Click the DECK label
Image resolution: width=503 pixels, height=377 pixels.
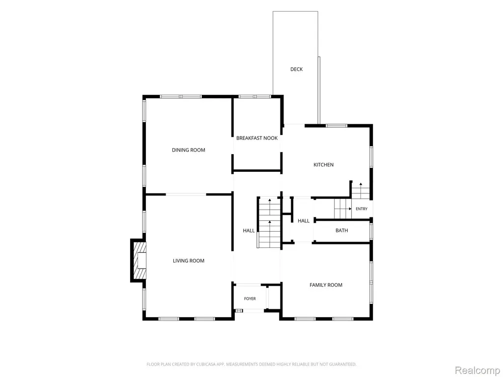click(296, 69)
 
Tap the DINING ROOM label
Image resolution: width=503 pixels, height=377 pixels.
click(189, 150)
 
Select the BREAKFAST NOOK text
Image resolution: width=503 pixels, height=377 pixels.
click(257, 138)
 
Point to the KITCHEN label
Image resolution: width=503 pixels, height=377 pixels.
click(323, 165)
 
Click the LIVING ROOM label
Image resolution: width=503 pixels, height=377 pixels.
click(189, 261)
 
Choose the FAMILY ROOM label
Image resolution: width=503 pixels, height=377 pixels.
click(326, 285)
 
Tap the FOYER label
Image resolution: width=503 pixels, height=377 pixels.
click(250, 299)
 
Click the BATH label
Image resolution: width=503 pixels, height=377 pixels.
click(342, 231)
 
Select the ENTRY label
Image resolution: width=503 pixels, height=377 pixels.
click(362, 209)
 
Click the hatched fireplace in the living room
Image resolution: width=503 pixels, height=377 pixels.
click(140, 261)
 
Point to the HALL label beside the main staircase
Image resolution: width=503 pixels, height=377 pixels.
click(249, 231)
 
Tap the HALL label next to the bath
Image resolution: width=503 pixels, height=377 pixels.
click(304, 221)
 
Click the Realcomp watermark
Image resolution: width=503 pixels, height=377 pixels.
click(477, 371)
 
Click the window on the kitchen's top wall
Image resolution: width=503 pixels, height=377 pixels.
click(336, 126)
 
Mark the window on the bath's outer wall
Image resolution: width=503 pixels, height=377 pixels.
click(371, 232)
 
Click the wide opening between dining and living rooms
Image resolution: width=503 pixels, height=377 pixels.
click(186, 194)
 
